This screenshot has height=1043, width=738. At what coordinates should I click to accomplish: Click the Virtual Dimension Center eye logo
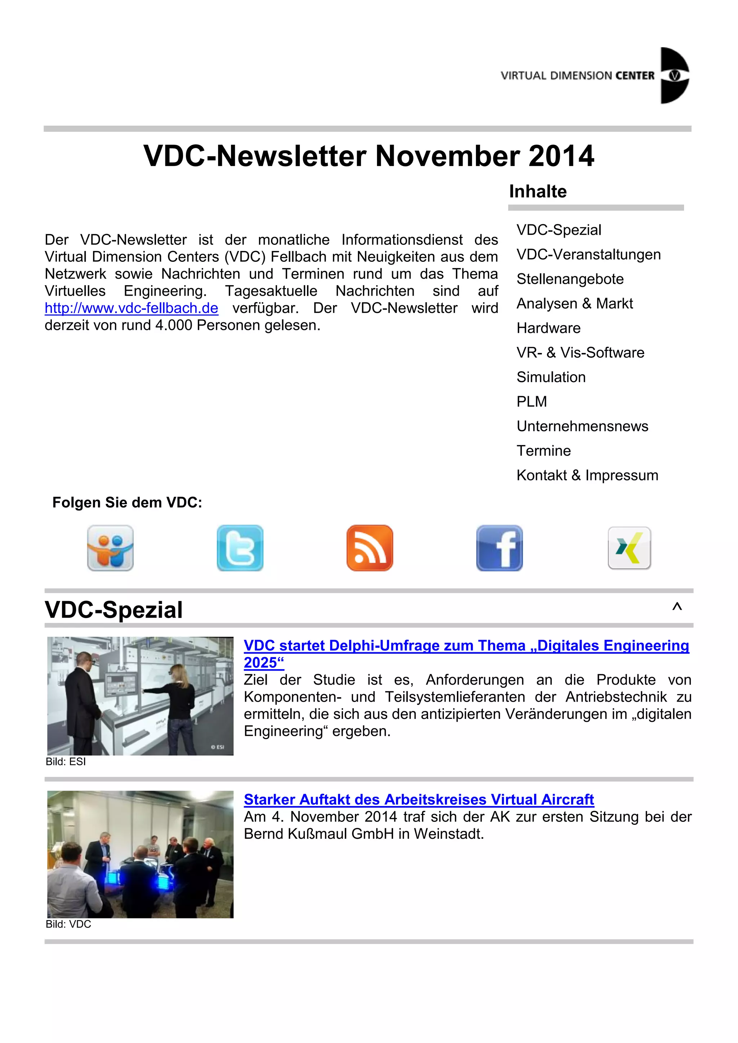tap(674, 75)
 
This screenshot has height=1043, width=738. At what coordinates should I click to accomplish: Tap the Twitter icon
tap(240, 548)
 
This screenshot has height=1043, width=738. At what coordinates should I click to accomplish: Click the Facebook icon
tap(499, 548)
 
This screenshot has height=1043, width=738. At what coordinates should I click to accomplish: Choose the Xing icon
tap(630, 548)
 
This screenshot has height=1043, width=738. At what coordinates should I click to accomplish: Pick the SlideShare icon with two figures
tap(110, 548)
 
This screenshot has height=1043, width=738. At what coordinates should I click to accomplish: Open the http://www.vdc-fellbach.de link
tap(131, 308)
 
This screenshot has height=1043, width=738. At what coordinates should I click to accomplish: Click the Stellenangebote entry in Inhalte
tap(570, 279)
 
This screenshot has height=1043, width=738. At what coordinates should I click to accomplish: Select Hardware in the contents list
tap(548, 328)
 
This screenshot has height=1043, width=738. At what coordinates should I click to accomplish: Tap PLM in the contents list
tap(532, 402)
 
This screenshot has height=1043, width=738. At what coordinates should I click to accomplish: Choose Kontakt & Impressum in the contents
tap(587, 475)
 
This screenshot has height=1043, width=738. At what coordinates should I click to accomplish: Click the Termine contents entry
tap(543, 451)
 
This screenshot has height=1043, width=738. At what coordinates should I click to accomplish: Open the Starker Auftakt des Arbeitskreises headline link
tap(418, 799)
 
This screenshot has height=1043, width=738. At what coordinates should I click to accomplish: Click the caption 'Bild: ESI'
tap(66, 762)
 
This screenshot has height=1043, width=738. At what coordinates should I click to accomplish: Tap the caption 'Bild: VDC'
tap(68, 925)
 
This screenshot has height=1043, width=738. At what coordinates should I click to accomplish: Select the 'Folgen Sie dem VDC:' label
tap(127, 502)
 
